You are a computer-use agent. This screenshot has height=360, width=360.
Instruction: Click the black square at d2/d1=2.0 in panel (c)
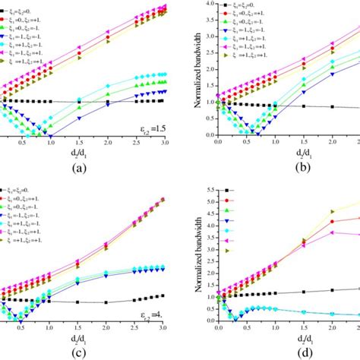pos(107,302)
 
